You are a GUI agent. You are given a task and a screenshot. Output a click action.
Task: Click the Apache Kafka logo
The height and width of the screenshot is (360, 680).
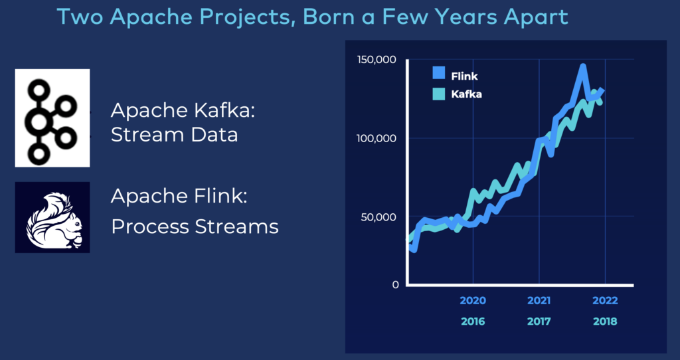tap(52, 118)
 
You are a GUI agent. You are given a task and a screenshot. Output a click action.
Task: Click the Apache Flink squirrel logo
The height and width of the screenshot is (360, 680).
tap(52, 217)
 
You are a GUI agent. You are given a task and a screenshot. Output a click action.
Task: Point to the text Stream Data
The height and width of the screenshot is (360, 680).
tap(174, 135)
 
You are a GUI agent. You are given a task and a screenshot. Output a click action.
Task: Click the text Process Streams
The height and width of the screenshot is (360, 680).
tap(195, 226)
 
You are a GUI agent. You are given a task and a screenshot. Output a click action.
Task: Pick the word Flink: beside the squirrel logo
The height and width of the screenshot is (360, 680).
tap(213, 197)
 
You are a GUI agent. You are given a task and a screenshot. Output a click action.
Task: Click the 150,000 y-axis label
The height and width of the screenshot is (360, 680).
tap(377, 60)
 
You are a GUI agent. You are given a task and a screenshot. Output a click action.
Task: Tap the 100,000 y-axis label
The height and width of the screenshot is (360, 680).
tap(377, 138)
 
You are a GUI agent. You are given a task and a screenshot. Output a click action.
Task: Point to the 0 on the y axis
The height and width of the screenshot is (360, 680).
tap(394, 285)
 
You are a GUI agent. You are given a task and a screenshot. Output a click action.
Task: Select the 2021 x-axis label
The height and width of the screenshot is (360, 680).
tap(539, 300)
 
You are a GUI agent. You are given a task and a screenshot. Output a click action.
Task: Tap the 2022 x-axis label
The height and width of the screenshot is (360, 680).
tap(604, 300)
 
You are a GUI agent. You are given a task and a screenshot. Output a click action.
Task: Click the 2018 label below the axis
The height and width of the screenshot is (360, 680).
tap(604, 321)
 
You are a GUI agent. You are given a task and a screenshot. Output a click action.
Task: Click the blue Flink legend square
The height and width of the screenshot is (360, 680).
tap(438, 75)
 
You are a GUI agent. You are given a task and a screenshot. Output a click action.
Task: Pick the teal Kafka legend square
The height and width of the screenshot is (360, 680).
tap(438, 94)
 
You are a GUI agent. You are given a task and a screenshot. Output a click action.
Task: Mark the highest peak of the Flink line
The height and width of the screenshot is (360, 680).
tap(582, 66)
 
